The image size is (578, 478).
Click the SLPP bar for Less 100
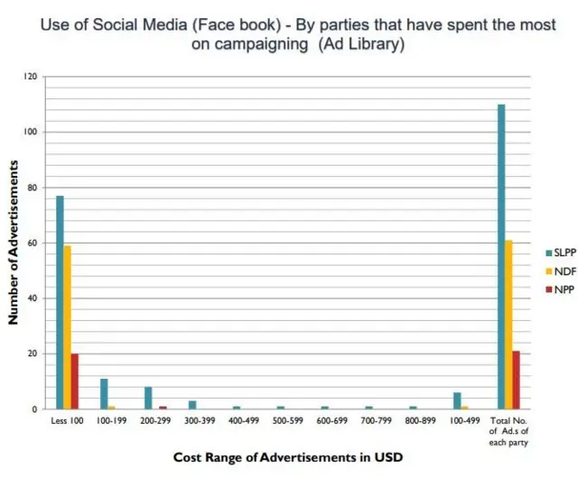pos(60,302)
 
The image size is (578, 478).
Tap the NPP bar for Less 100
pos(75,381)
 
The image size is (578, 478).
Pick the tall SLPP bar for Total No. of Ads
pos(501,257)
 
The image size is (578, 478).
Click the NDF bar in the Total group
pos(508,325)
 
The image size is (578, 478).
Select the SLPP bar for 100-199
pos(104,394)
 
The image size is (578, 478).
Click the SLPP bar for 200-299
pos(148,398)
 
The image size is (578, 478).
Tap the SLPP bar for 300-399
pos(192,405)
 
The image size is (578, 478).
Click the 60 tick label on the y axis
pos(31,244)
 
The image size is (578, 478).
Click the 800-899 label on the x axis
pos(420,421)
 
